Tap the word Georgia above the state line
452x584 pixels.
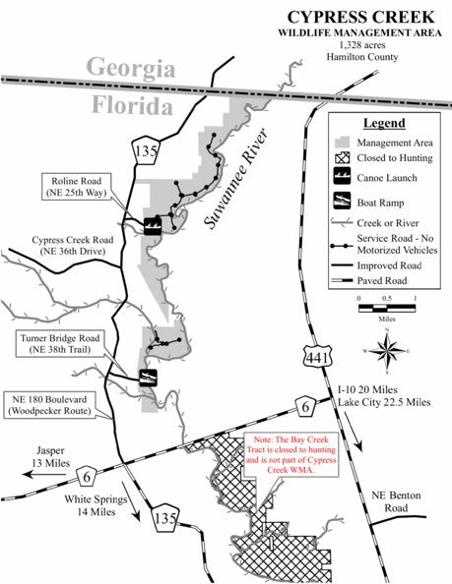pos(131,69)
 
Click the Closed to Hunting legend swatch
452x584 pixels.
pos(340,157)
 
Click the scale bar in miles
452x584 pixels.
pos(387,307)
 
